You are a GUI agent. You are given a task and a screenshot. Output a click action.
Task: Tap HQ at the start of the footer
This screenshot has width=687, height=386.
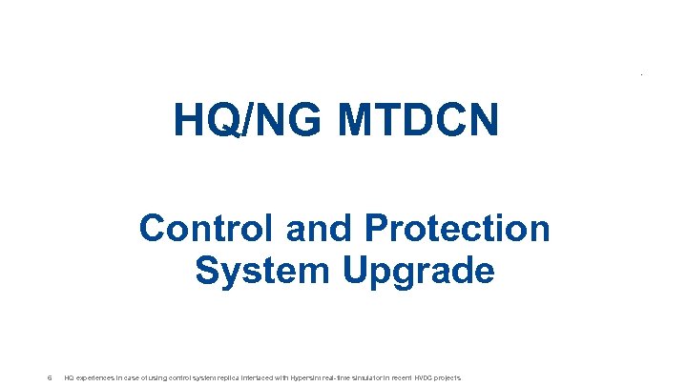68,377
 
